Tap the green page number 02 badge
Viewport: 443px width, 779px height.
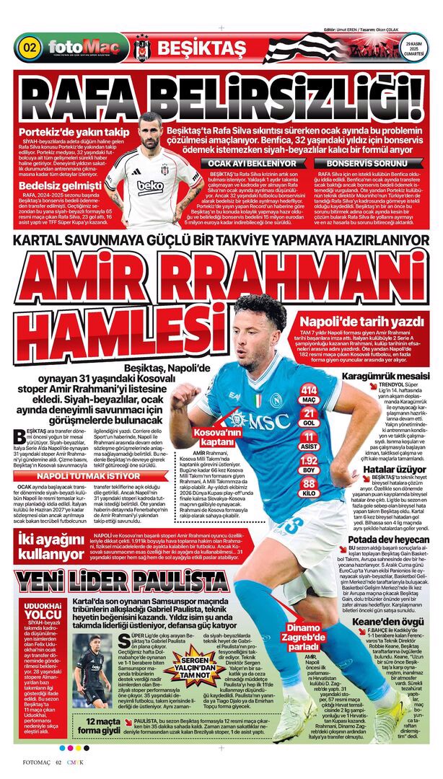30,48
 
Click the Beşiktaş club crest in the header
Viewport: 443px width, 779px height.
141,49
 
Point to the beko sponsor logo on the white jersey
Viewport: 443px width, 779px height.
151,185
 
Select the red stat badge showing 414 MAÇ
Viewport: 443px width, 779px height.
310,393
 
